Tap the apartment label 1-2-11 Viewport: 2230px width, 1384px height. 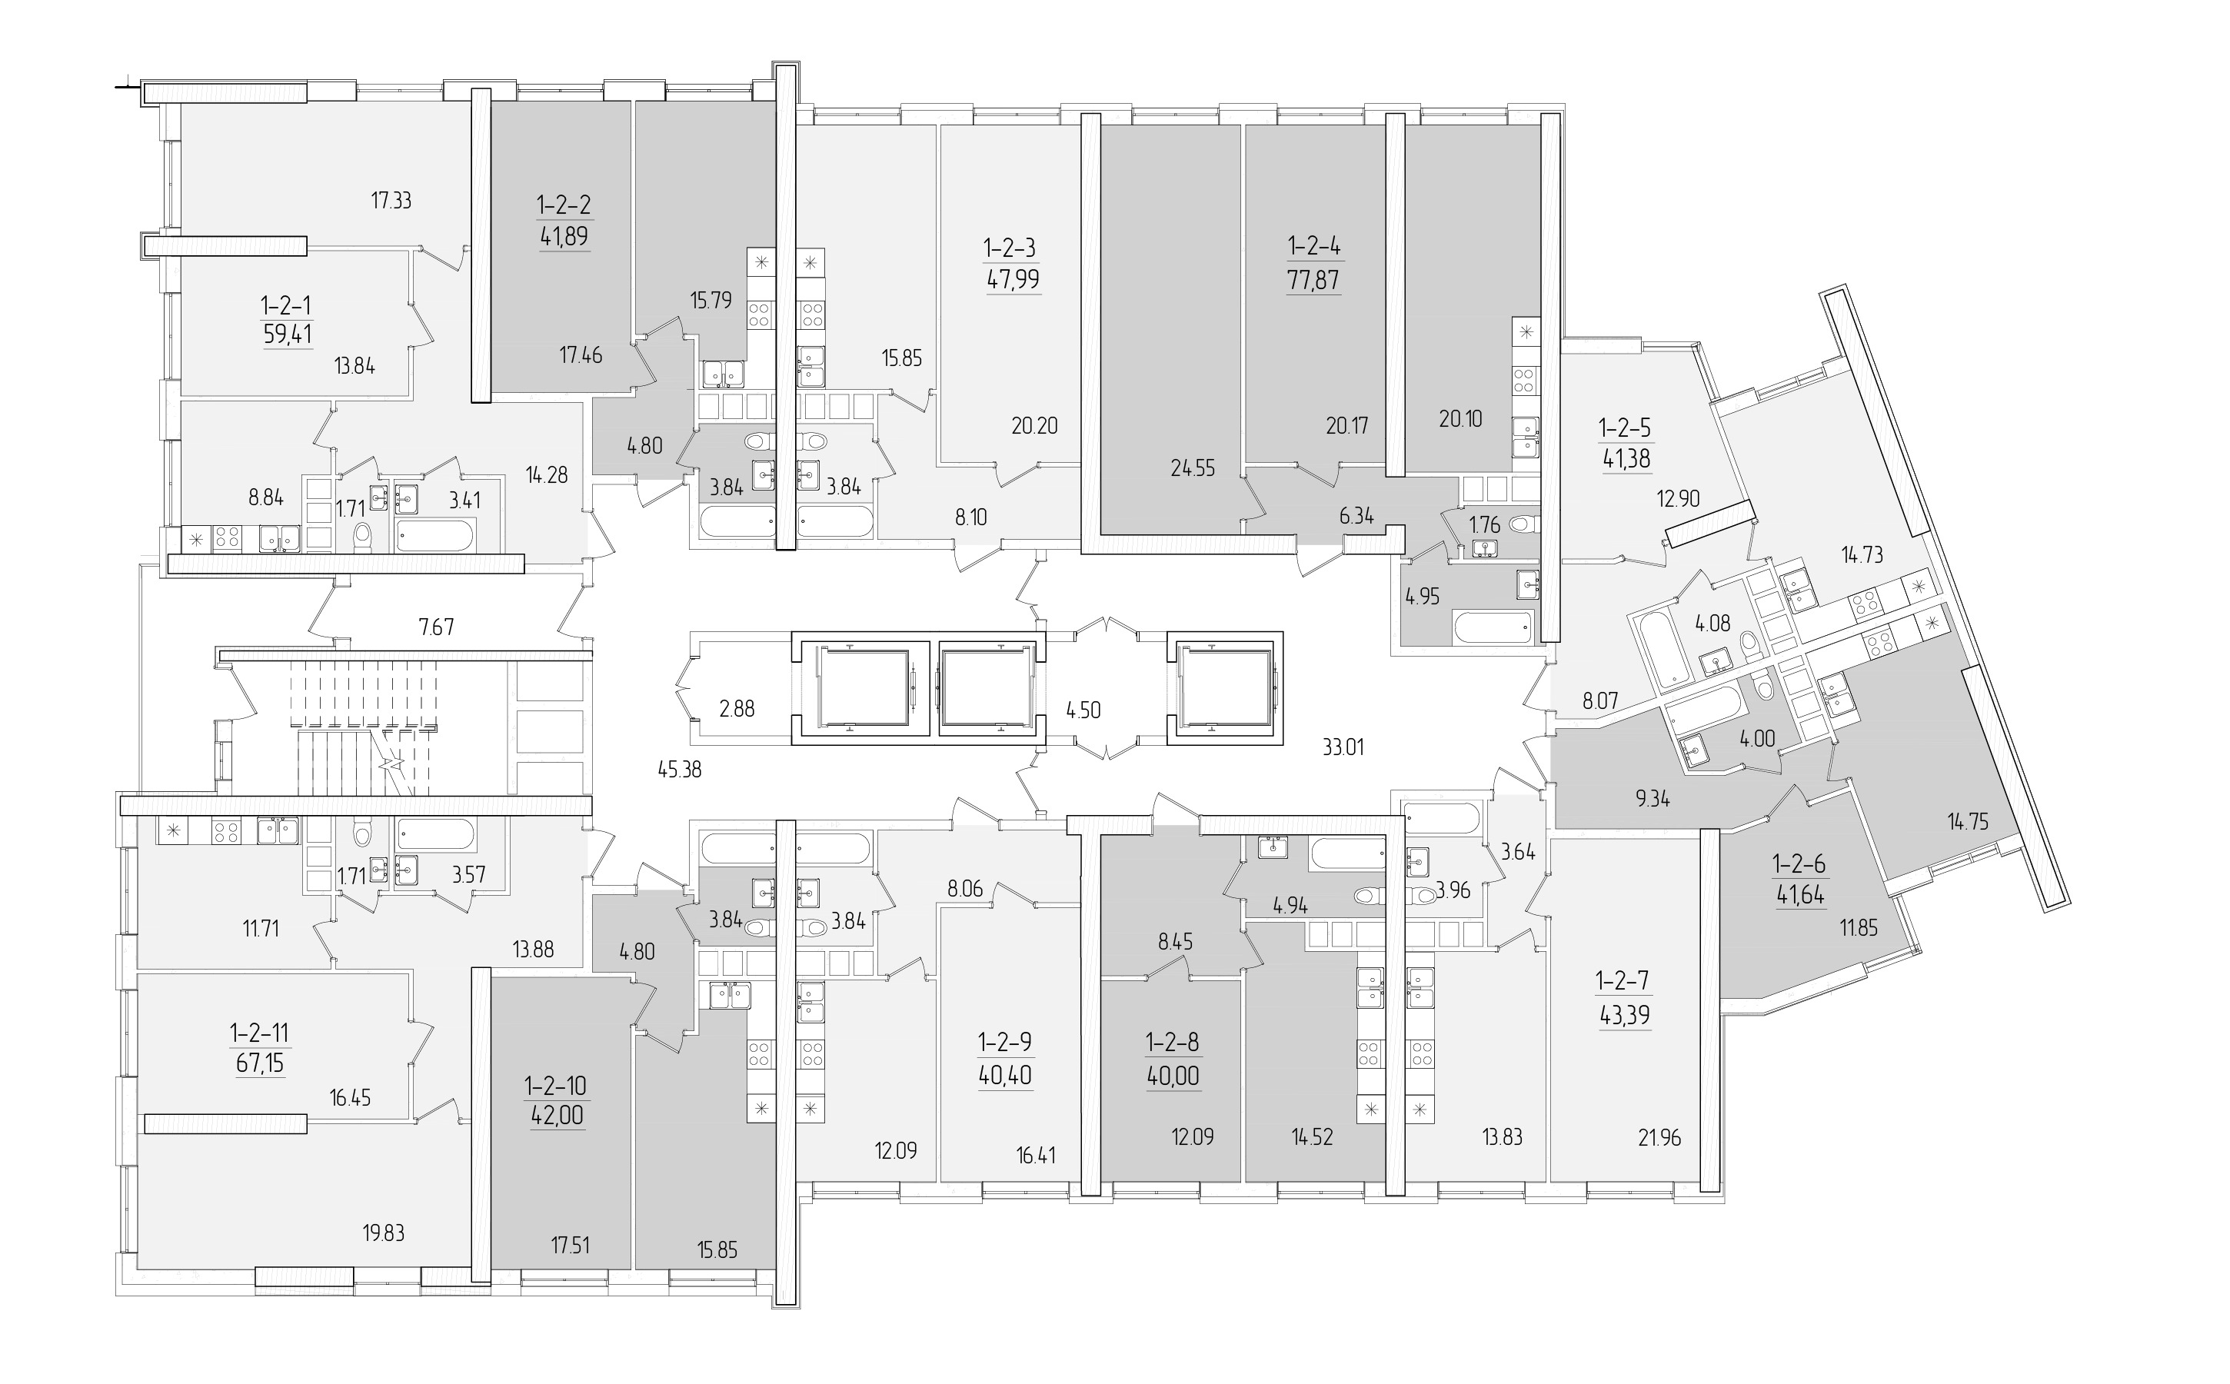pyautogui.click(x=260, y=1034)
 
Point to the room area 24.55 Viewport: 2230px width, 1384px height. pyautogui.click(x=1193, y=467)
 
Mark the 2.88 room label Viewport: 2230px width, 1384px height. pyautogui.click(x=737, y=707)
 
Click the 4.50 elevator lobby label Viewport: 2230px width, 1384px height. pyautogui.click(x=1083, y=710)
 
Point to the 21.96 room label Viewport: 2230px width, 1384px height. pyautogui.click(x=1659, y=1139)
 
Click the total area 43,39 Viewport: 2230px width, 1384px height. pyautogui.click(x=1624, y=1015)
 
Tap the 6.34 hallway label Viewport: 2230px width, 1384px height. pyautogui.click(x=1356, y=515)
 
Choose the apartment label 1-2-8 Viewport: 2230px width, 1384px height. pyautogui.click(x=1172, y=1042)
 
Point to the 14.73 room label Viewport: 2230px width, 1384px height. pyautogui.click(x=1861, y=554)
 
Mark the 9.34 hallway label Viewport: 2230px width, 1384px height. pyautogui.click(x=1653, y=799)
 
